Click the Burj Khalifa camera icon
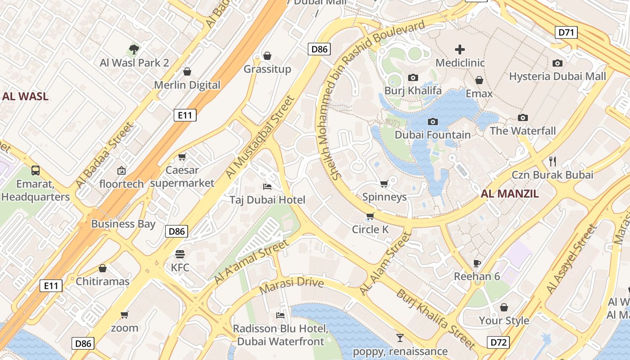pyautogui.click(x=413, y=78)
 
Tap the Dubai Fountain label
pyautogui.click(x=432, y=135)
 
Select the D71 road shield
pyautogui.click(x=567, y=32)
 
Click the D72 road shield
pyautogui.click(x=498, y=342)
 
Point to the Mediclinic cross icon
pyautogui.click(x=459, y=49)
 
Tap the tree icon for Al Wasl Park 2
pyautogui.click(x=134, y=49)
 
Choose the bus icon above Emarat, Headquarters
pyautogui.click(x=36, y=171)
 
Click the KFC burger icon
pyautogui.click(x=180, y=254)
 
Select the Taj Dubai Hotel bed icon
pyautogui.click(x=267, y=187)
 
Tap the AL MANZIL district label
pyautogui.click(x=509, y=194)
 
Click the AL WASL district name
pyautogui.click(x=25, y=96)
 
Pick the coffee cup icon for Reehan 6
pyautogui.click(x=477, y=263)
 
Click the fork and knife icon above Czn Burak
pyautogui.click(x=553, y=161)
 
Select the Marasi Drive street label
pyautogui.click(x=292, y=283)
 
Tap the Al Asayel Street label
pyautogui.click(x=571, y=260)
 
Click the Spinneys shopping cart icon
pyautogui.click(x=384, y=184)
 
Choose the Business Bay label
pyautogui.click(x=123, y=224)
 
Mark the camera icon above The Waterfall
pyautogui.click(x=522, y=117)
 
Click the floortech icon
pyautogui.click(x=121, y=171)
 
